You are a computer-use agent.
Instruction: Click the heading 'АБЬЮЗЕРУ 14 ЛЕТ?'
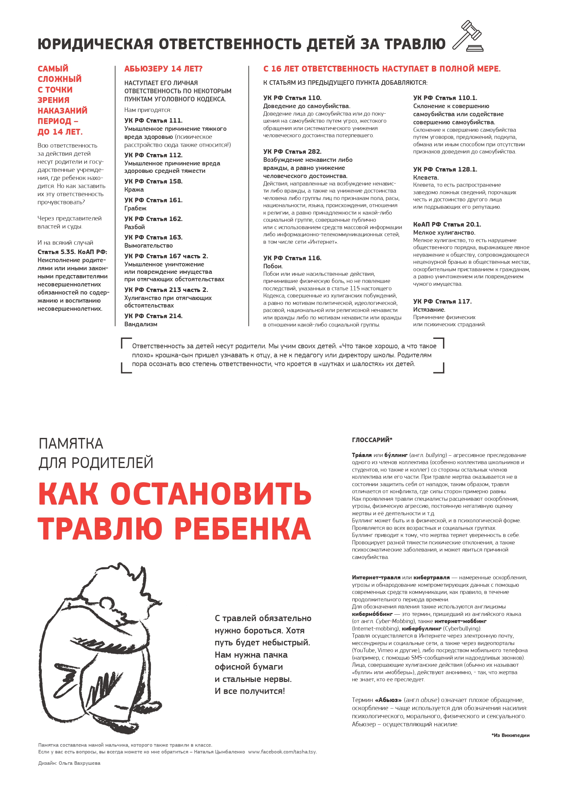[x=163, y=69]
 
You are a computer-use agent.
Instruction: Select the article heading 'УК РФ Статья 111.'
[x=153, y=121]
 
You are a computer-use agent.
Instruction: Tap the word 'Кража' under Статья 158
[x=134, y=190]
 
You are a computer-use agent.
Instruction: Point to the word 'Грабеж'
[x=135, y=208]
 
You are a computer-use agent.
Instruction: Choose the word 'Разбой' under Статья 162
[x=134, y=227]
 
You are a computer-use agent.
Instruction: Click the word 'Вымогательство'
[x=148, y=246]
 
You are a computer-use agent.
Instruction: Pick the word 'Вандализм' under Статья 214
[x=141, y=324]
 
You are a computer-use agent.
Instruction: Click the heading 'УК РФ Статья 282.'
[x=292, y=152]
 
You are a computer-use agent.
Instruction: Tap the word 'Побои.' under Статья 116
[x=273, y=266]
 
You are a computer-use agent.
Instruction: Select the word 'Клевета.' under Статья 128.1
[x=426, y=178]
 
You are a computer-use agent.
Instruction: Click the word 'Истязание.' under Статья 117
[x=429, y=310]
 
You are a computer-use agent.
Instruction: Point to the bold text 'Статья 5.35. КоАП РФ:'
[x=73, y=252]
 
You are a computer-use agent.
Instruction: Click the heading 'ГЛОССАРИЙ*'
[x=372, y=440]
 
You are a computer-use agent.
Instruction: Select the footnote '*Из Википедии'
[x=510, y=735]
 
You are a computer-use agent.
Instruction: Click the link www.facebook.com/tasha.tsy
[x=282, y=752]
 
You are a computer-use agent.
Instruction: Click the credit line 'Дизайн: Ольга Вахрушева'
[x=69, y=763]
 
